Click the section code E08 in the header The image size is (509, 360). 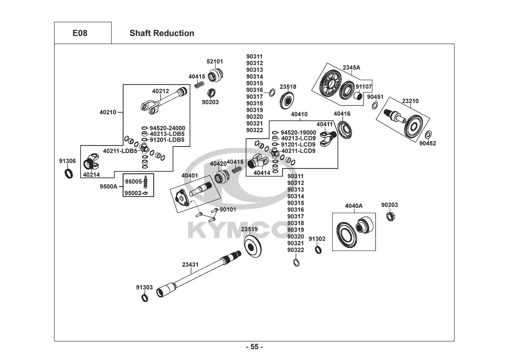point(80,33)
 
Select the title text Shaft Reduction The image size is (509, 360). point(162,33)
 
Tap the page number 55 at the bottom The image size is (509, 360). point(254,347)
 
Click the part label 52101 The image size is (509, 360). point(215,61)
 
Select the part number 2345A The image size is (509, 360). point(351,67)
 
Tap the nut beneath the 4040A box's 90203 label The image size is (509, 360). point(389,216)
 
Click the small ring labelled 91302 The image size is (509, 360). point(318,249)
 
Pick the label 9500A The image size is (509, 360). point(108,186)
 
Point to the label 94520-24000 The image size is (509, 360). point(167,128)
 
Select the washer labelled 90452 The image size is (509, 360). point(428,135)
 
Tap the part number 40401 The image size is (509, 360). point(190,176)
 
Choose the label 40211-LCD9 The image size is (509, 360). point(298,151)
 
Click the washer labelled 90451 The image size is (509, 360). point(374,105)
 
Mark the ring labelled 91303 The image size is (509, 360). point(144,298)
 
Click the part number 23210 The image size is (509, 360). point(410,101)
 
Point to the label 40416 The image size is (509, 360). point(342,114)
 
